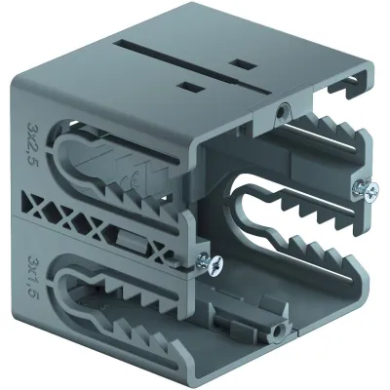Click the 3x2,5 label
[33, 143]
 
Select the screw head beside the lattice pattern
[214, 263]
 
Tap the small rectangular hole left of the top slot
[190, 87]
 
